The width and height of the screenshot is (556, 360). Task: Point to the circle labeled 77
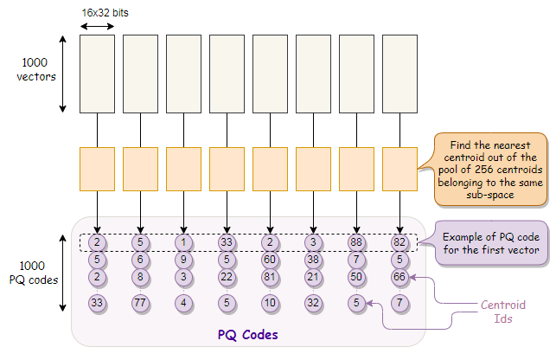(140, 303)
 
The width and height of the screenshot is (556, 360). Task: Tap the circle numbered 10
(270, 303)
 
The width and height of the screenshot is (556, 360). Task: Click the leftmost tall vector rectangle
(97, 74)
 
